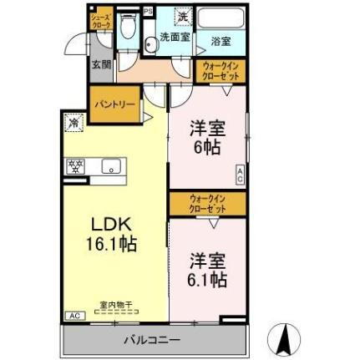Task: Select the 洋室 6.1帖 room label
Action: point(206,270)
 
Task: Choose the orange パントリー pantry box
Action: point(114,105)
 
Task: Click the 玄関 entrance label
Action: point(101,64)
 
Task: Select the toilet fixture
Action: point(126,29)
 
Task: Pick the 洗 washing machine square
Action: point(182,17)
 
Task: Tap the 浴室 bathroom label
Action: point(221,40)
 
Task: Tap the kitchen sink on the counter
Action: point(109,166)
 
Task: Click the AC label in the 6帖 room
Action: point(240,175)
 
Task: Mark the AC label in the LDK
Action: point(74,315)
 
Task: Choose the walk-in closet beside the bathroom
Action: point(221,71)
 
